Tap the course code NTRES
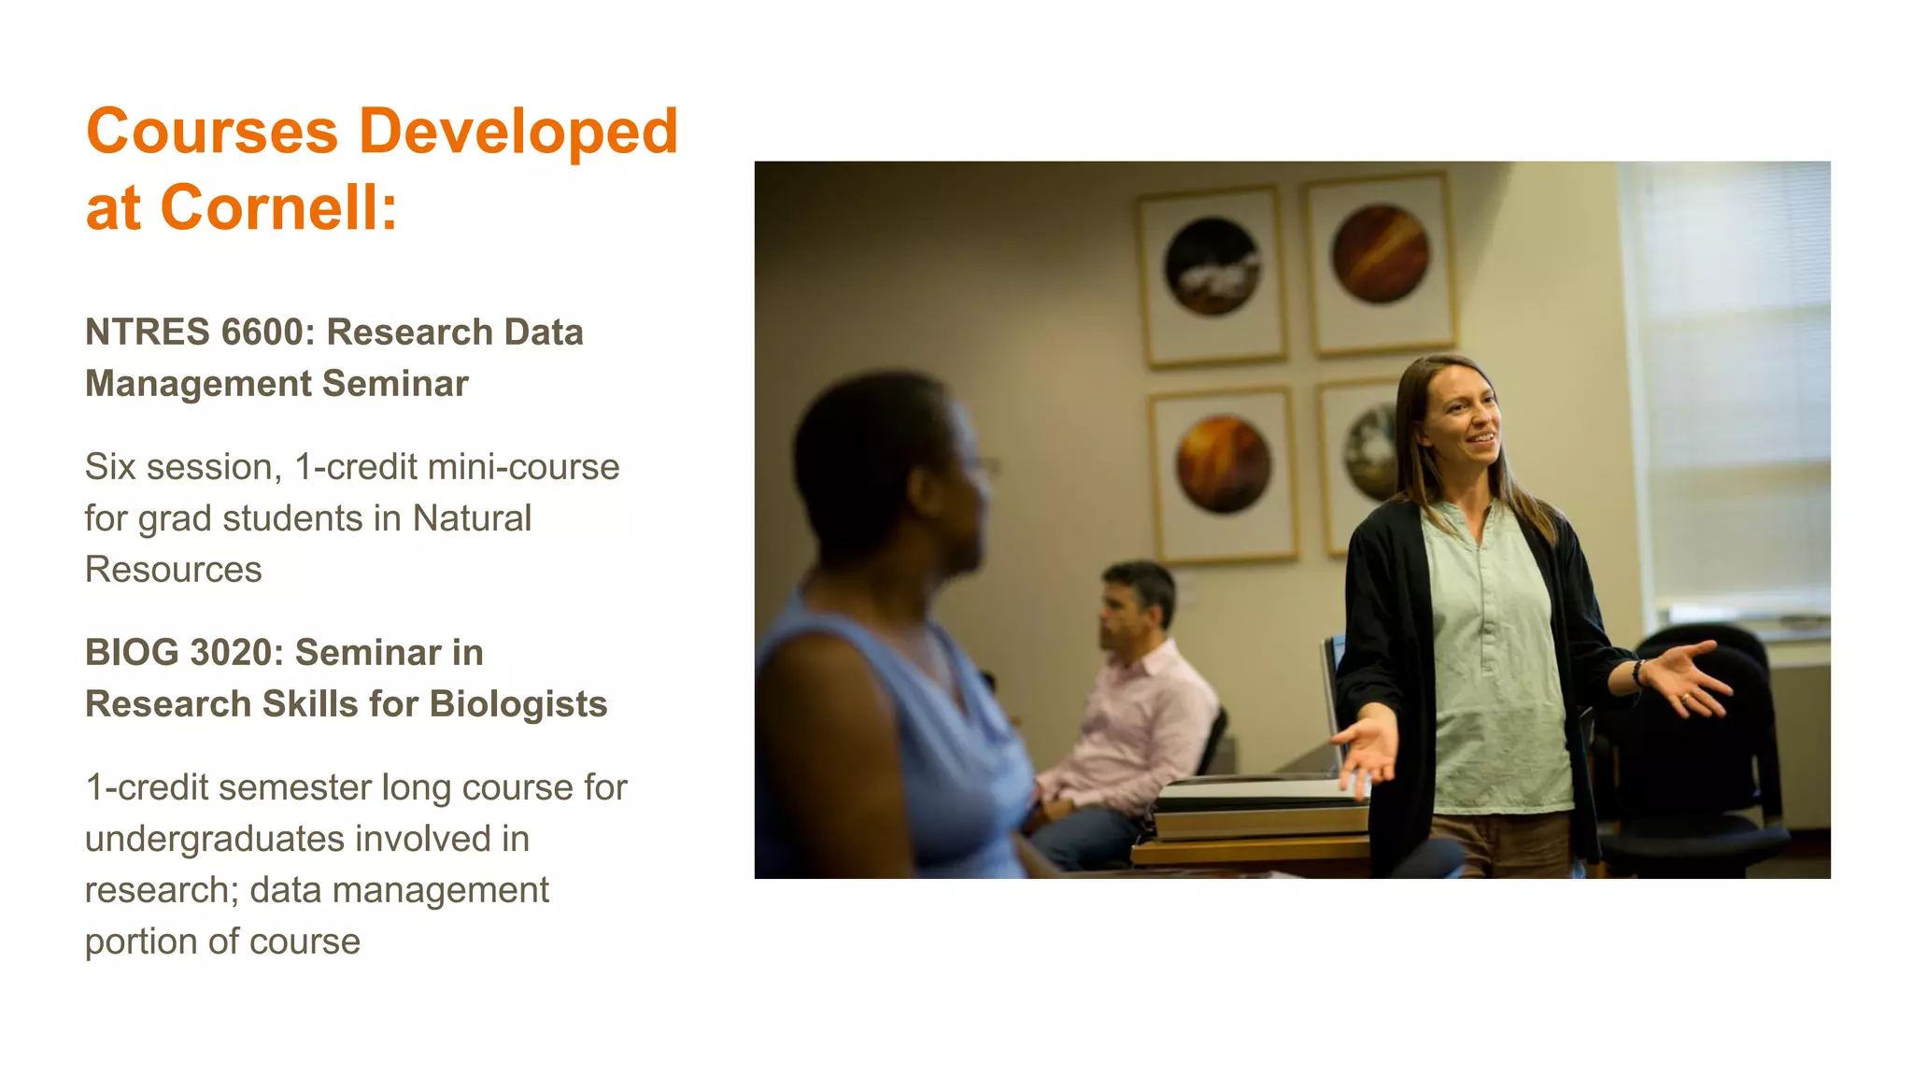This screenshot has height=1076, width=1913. click(148, 333)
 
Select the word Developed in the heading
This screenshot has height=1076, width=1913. click(518, 131)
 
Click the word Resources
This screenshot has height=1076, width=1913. click(173, 570)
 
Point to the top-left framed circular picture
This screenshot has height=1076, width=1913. click(1212, 267)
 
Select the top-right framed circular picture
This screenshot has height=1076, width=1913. click(1380, 255)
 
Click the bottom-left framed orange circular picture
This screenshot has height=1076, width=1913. click(1223, 465)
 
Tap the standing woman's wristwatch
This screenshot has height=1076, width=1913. click(1638, 672)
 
